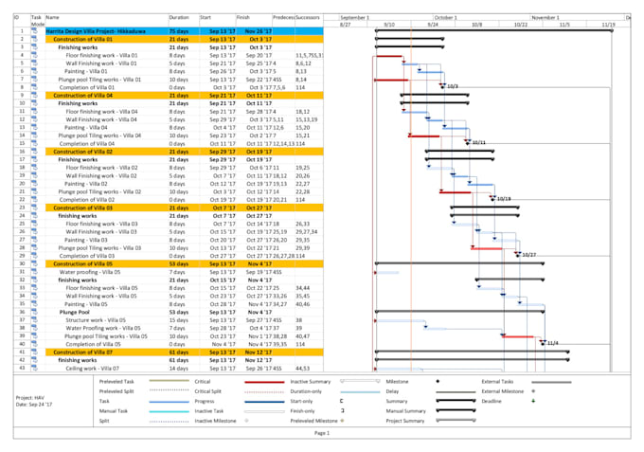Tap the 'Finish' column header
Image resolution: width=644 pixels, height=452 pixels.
(244, 17)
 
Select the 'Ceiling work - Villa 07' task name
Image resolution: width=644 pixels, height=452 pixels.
(94, 368)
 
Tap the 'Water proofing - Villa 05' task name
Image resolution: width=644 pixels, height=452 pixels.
(95, 272)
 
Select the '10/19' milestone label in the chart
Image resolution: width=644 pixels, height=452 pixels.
(503, 199)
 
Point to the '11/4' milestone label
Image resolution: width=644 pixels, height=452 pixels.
(553, 343)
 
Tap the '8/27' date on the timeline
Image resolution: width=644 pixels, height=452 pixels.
(345, 24)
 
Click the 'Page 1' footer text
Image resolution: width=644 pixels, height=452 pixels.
(322, 433)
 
